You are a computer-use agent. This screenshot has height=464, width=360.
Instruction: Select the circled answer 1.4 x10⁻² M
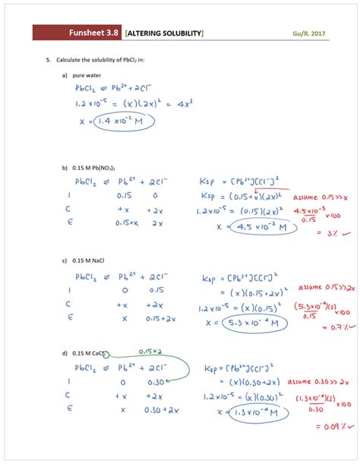[x=124, y=121]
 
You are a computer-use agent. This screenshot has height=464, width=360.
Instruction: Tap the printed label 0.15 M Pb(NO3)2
[x=99, y=167]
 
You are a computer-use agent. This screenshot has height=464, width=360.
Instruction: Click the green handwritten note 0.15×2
[x=149, y=351]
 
